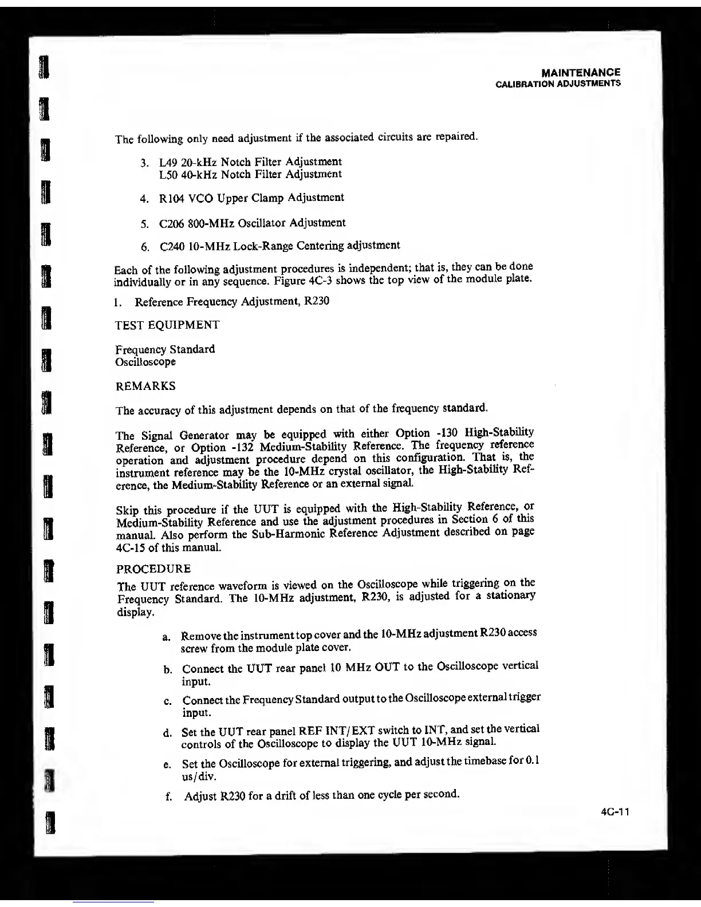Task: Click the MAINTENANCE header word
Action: pyautogui.click(x=580, y=73)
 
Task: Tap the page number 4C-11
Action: pyautogui.click(x=616, y=812)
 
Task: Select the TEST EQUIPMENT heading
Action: pyautogui.click(x=167, y=325)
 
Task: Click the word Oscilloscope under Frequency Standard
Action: pyautogui.click(x=145, y=362)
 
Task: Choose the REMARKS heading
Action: pyautogui.click(x=145, y=387)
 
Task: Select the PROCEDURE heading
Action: pyautogui.click(x=153, y=569)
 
